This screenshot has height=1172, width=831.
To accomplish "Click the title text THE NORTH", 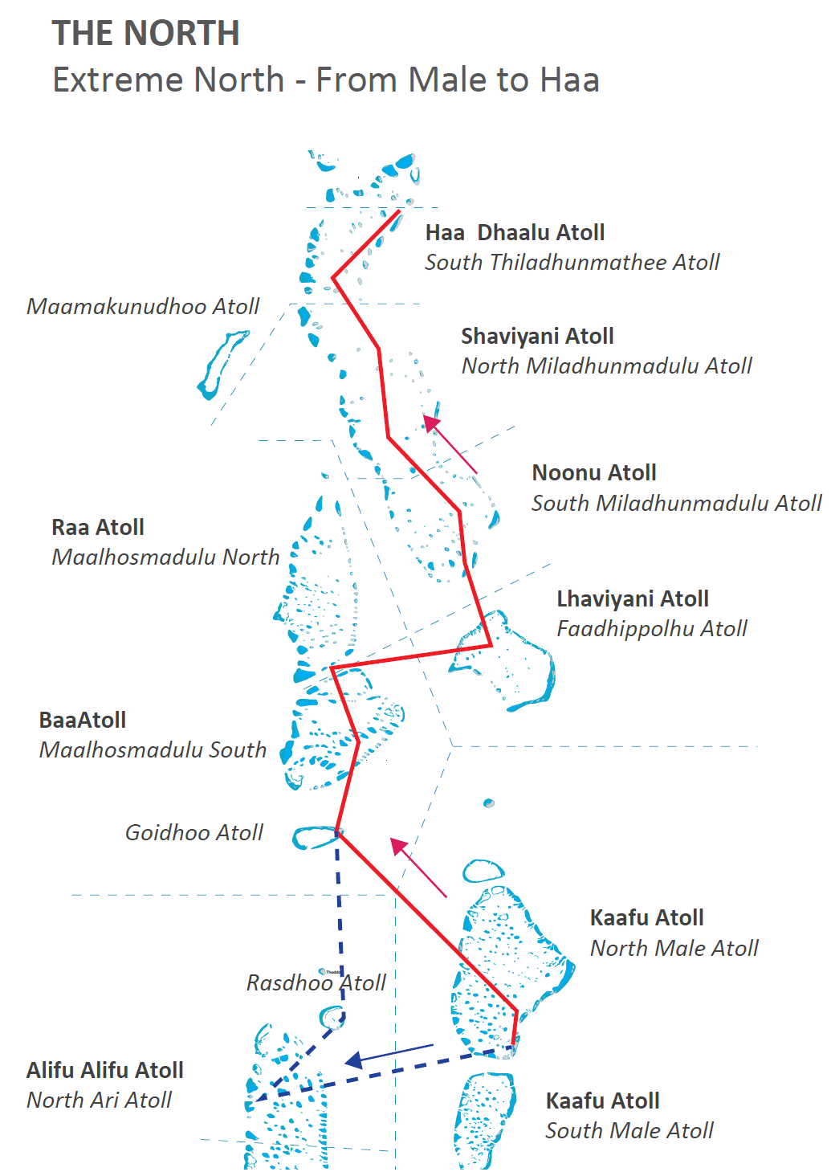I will (x=145, y=34).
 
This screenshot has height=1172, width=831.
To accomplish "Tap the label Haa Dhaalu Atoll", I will (x=515, y=233).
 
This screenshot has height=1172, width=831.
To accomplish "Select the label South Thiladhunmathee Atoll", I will (x=572, y=263).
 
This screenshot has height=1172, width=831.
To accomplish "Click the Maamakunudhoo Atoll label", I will (x=143, y=307).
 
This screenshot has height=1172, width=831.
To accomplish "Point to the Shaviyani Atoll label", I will (x=537, y=337).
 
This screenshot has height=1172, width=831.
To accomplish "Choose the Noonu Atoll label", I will (x=594, y=473).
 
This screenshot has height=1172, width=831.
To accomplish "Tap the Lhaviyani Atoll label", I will (x=632, y=599).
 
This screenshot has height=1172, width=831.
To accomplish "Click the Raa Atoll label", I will (x=98, y=528).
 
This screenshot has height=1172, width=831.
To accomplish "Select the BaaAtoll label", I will (x=83, y=721).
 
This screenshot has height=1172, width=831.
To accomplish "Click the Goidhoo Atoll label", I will (x=193, y=833).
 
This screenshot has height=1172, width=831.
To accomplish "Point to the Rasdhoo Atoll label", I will (x=316, y=983).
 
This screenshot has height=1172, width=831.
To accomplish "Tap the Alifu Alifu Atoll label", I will (x=105, y=1071).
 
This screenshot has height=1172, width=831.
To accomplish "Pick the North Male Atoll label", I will (x=674, y=949).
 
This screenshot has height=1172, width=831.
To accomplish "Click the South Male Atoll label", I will (x=629, y=1131).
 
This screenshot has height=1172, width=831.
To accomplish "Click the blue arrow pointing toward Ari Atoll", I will (x=389, y=1055).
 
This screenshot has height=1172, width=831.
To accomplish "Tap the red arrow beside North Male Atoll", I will (x=418, y=867).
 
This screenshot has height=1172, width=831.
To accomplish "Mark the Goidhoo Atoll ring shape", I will (x=315, y=838).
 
